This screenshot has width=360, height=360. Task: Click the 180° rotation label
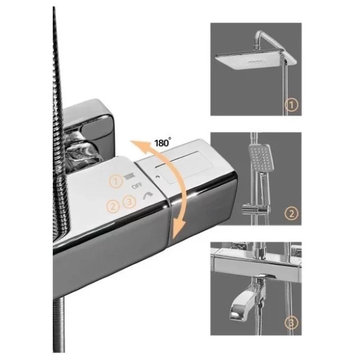pyautogui.click(x=163, y=143)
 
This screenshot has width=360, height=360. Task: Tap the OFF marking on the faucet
pyautogui.click(x=137, y=185)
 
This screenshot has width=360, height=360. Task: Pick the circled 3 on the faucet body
pyautogui.click(x=129, y=202)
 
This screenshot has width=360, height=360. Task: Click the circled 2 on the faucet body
pyautogui.click(x=113, y=206)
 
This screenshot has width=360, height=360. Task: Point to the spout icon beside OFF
pyautogui.click(x=148, y=195)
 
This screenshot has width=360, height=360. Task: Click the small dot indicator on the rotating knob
pyautogui.click(x=157, y=177)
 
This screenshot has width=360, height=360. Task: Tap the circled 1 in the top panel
pyautogui.click(x=291, y=105)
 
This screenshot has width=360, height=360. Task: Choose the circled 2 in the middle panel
pyautogui.click(x=291, y=213)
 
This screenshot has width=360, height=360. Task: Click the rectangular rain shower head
pyautogui.click(x=255, y=59)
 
